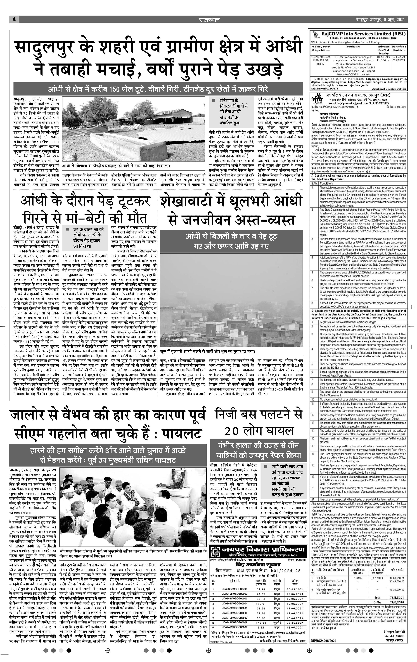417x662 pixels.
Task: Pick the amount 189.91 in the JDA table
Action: tap(261, 604)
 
